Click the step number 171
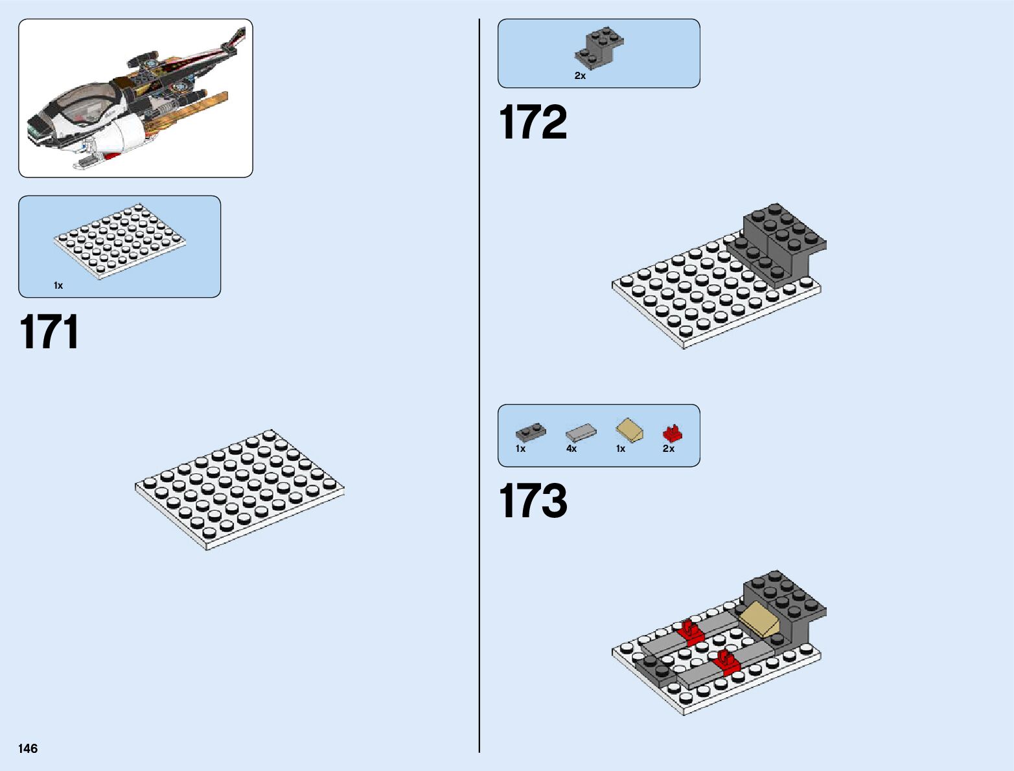coord(49,333)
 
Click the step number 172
coord(533,122)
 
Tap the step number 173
coord(533,501)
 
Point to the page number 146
coord(28,748)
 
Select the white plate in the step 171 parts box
coord(120,241)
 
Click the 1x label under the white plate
coord(58,285)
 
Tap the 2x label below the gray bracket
coord(580,76)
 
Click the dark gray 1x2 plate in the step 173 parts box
coord(531,432)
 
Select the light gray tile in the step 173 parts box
coord(581,432)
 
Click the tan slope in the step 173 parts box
coord(629,430)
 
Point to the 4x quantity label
coord(571,449)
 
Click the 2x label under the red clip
coord(669,449)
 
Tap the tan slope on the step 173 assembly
coord(760,618)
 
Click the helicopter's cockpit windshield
coord(87,104)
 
